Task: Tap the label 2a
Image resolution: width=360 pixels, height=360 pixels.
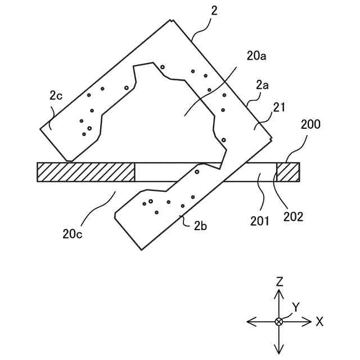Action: (x=262, y=85)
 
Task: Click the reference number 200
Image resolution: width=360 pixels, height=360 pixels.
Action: (x=310, y=125)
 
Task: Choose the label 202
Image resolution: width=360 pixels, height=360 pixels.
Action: (x=294, y=216)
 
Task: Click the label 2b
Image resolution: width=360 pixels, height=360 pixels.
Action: (x=201, y=226)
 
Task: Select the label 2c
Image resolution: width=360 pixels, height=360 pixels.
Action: (x=56, y=95)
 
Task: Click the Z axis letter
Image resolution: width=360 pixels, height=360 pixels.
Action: (x=278, y=282)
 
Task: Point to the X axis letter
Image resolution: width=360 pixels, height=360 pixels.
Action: (x=319, y=322)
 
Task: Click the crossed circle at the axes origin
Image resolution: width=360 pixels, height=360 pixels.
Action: (x=278, y=321)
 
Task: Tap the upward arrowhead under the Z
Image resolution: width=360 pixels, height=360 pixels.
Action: (x=278, y=294)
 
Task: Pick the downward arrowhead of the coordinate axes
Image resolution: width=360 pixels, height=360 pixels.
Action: (x=278, y=349)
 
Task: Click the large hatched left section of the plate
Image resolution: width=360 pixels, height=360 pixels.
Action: (x=85, y=172)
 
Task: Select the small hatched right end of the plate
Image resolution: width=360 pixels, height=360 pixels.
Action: (x=287, y=172)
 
